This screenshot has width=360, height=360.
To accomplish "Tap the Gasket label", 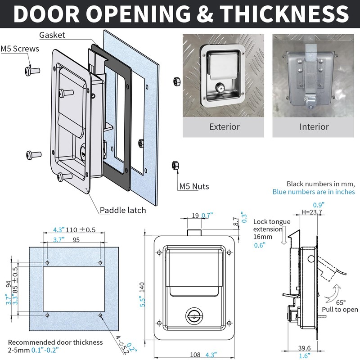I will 52,35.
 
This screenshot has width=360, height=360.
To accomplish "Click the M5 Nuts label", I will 194,186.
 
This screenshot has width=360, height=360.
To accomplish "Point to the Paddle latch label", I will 123,210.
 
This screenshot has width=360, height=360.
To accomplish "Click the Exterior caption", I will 225,127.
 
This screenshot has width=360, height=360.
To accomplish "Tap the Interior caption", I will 314,127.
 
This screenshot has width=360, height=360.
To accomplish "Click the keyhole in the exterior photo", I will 222,87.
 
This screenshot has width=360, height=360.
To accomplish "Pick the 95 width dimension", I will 76,240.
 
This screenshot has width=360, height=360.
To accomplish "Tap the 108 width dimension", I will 195,355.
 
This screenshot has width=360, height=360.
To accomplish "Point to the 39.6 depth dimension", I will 304,347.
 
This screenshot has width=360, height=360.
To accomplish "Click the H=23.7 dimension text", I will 311,212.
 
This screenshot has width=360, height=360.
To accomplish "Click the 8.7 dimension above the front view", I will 237,221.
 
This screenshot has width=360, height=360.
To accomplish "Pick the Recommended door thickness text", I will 55,342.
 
